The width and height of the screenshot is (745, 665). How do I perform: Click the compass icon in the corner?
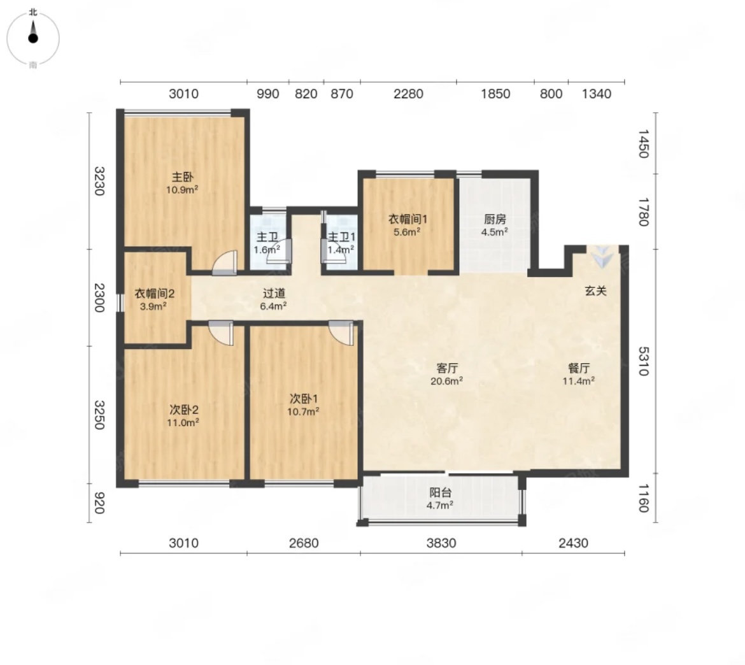[32, 38]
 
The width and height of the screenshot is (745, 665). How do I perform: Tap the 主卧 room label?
[183, 177]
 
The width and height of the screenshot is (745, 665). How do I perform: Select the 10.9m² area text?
[182, 190]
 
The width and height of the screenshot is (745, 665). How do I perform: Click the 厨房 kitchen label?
[495, 219]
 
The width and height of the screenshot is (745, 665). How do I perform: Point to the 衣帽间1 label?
[408, 219]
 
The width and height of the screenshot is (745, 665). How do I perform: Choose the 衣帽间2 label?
[155, 294]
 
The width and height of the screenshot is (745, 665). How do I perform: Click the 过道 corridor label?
[273, 294]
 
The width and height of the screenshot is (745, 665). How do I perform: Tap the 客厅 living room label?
[446, 368]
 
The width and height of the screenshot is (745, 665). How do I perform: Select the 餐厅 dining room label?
[579, 368]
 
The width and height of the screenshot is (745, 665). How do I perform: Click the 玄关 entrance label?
[595, 290]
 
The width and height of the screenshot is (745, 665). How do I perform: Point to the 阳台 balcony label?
[440, 493]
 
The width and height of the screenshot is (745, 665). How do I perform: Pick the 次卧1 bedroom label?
[304, 399]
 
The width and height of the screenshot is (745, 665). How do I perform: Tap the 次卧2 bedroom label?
[183, 410]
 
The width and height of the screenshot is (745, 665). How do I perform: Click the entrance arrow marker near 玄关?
[602, 257]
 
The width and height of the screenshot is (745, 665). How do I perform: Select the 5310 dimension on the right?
[643, 361]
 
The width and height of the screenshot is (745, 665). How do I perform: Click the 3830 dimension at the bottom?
[441, 543]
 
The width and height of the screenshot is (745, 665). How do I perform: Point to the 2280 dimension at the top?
[408, 94]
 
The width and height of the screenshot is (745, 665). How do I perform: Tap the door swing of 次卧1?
[341, 332]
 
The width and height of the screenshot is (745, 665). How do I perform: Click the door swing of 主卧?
[224, 263]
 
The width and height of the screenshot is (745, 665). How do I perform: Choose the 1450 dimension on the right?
[643, 143]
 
